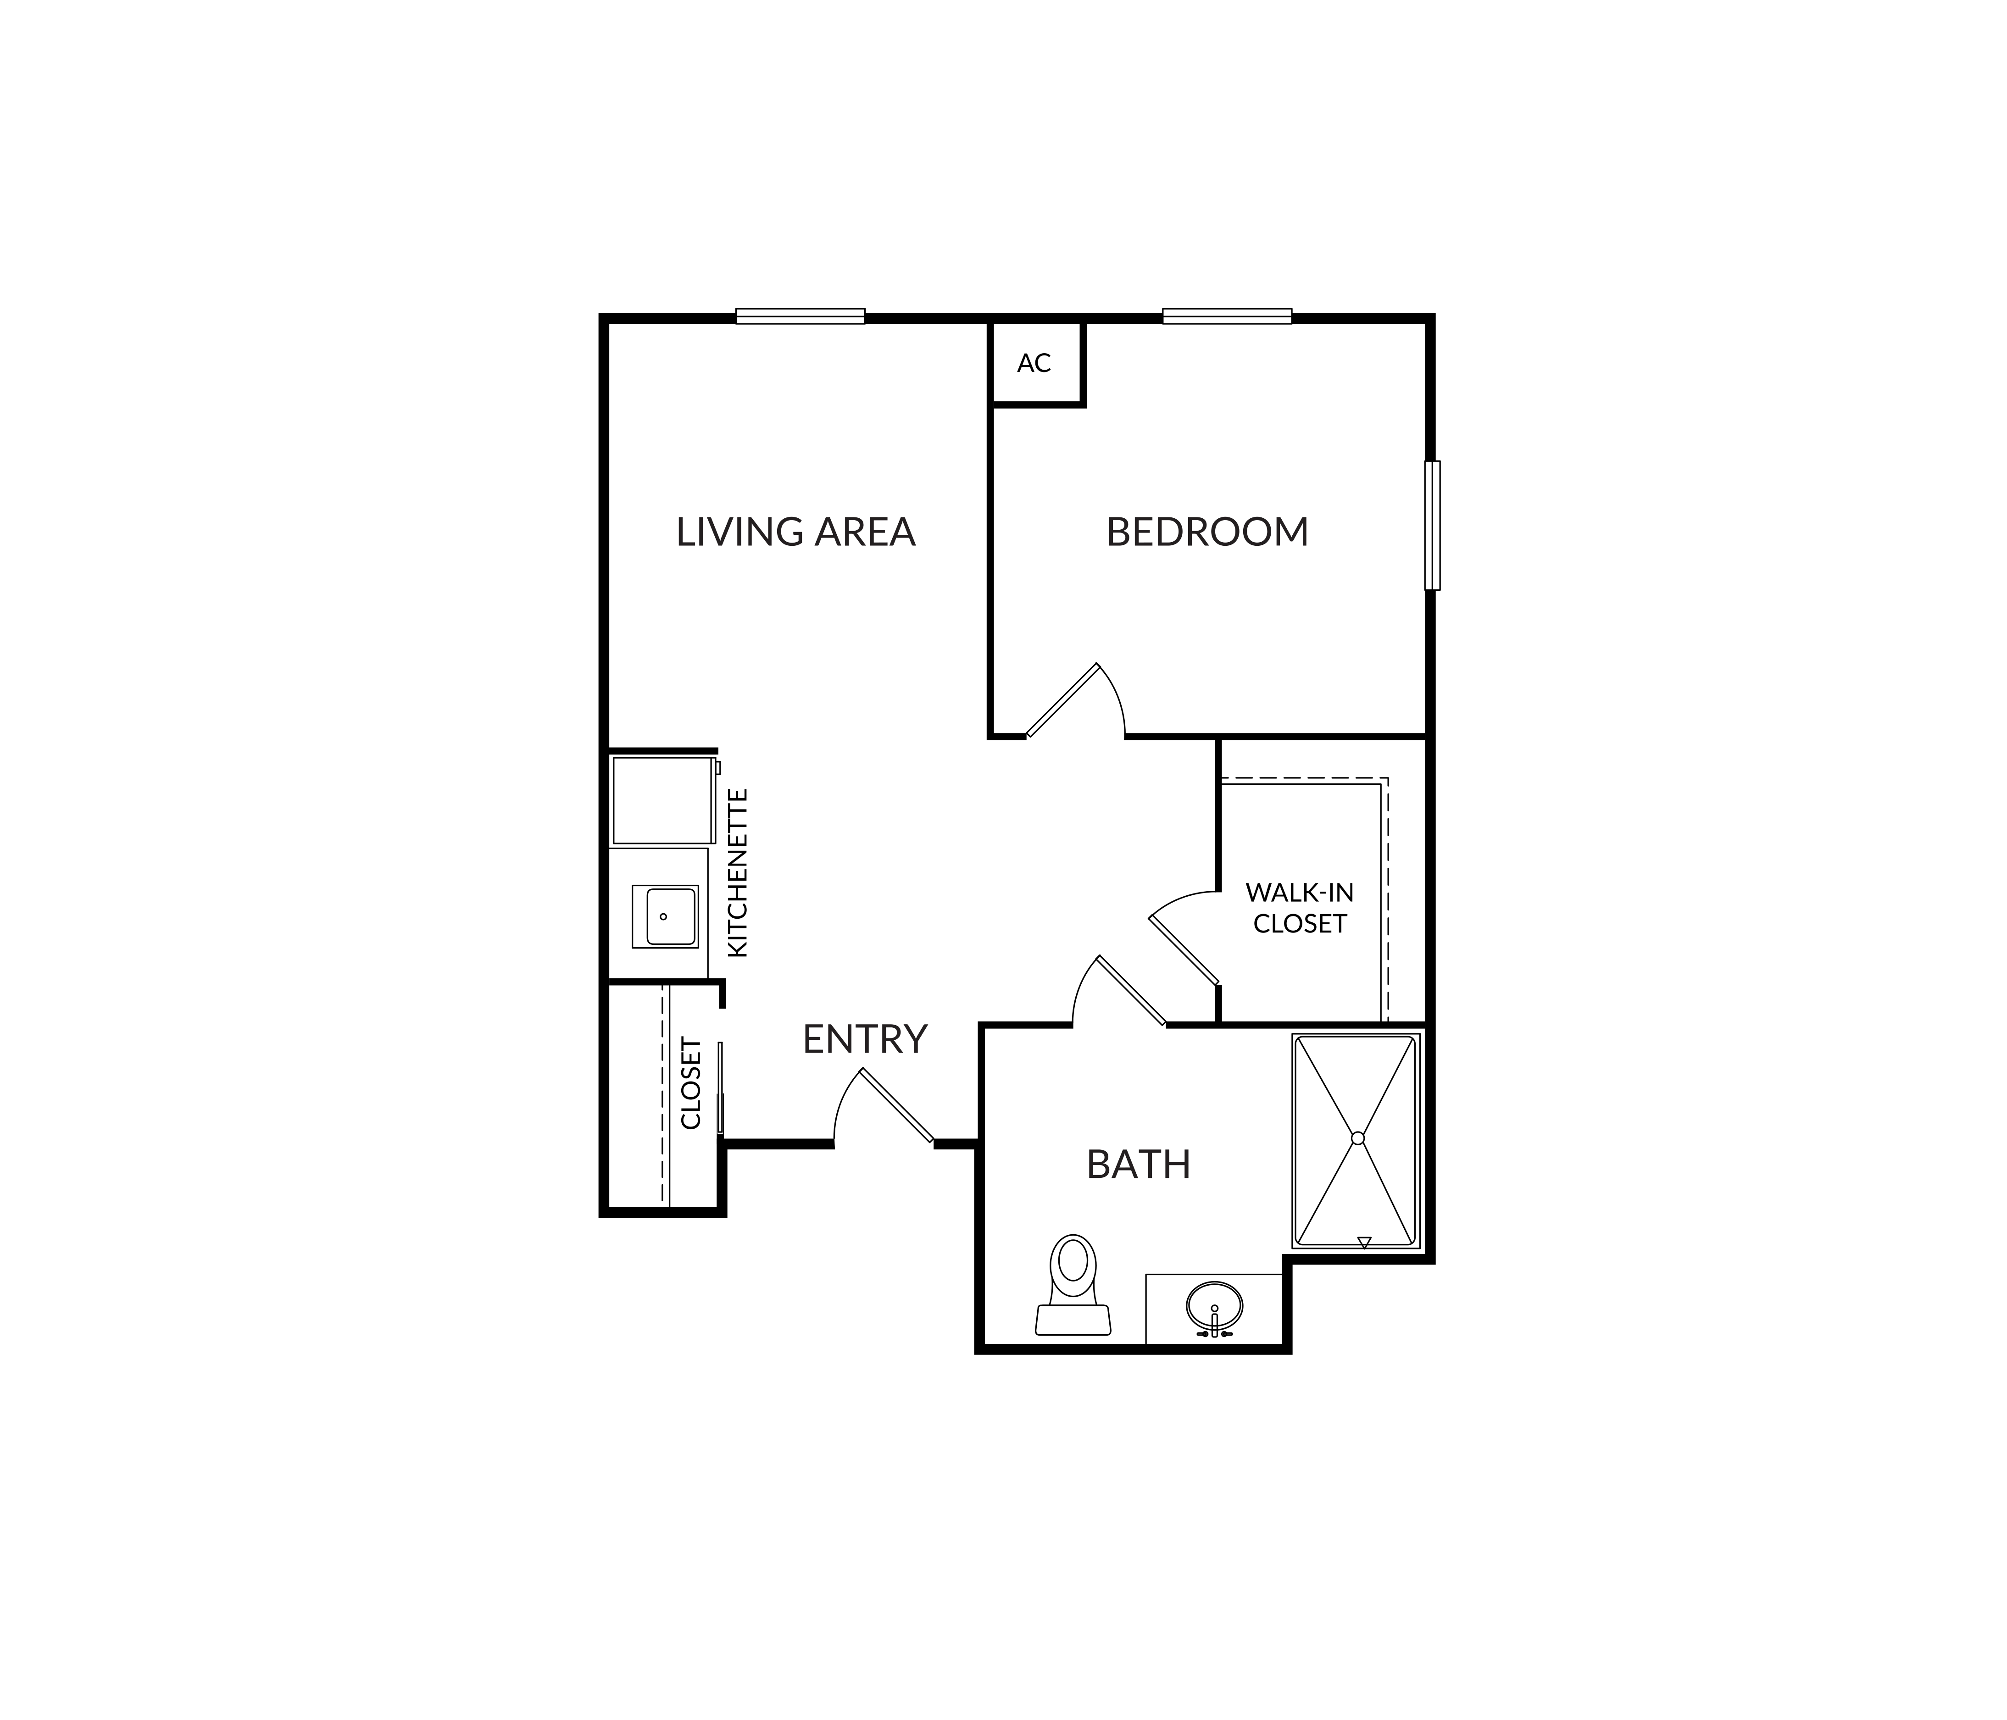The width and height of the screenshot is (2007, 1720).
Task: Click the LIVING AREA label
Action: click(795, 532)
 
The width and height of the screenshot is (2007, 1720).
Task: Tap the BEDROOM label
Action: click(1207, 532)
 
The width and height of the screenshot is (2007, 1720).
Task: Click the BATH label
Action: click(1138, 1164)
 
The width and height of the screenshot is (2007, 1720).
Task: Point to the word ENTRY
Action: click(865, 1039)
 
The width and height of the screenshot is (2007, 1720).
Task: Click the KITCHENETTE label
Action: click(738, 872)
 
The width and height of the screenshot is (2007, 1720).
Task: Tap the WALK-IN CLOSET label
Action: click(1300, 907)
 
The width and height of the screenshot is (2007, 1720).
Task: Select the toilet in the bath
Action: click(1073, 1285)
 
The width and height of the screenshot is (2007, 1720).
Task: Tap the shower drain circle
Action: click(1357, 1138)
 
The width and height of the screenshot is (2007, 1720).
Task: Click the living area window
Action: click(800, 316)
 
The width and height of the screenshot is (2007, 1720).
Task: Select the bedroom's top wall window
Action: click(1227, 316)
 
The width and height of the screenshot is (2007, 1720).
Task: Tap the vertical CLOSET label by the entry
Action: click(690, 1083)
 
